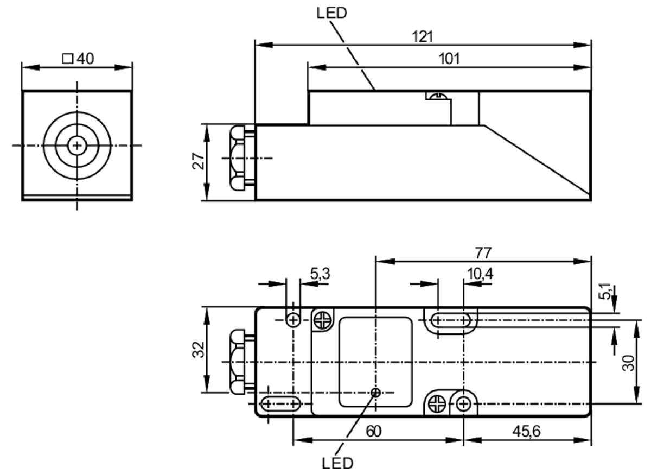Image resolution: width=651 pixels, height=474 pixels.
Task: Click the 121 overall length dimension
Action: coord(423,37)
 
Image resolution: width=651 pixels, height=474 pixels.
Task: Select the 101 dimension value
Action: coord(449,59)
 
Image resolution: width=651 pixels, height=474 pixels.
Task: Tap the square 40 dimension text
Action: coord(78,59)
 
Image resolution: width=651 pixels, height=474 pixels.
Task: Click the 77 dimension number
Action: coord(483,253)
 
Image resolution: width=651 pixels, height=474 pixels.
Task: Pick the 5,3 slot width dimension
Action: coord(320,274)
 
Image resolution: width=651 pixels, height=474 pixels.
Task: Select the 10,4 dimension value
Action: coord(480,274)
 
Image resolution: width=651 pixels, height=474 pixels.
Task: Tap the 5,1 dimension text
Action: coord(604,292)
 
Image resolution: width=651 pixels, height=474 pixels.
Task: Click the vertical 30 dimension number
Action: coord(628,363)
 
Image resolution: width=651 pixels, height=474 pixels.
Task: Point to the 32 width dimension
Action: coord(198,349)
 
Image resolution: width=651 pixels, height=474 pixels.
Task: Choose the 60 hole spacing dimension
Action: coord(373,431)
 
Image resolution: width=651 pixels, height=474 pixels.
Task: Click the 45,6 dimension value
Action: coord(526,431)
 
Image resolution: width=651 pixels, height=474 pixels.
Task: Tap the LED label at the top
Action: coord(331,13)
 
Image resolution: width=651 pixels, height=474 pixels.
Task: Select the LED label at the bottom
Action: coord(337,463)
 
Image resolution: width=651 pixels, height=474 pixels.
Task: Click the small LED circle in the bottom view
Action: coord(376,393)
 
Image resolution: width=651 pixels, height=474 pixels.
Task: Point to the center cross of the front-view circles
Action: coord(77,146)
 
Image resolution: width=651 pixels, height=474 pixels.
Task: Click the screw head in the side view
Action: coord(438,96)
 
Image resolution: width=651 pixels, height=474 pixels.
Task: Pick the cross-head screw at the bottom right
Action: coord(437,405)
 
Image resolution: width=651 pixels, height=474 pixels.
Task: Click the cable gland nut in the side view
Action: coord(238,158)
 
